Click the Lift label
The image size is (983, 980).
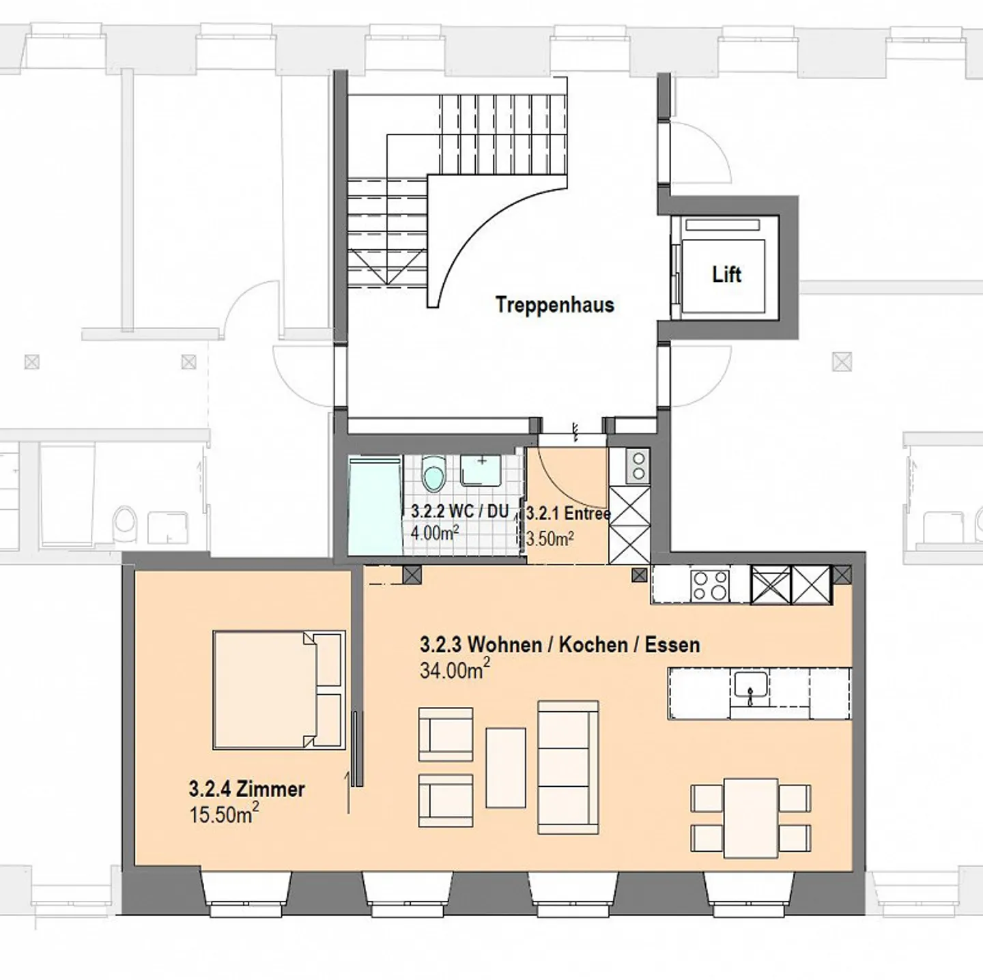(x=726, y=274)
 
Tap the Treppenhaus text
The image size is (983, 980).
(x=555, y=304)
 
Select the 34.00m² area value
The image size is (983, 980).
(x=455, y=670)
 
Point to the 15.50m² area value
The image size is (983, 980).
(x=224, y=813)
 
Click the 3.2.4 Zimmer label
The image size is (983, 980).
(x=247, y=789)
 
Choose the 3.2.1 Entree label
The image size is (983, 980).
(x=568, y=513)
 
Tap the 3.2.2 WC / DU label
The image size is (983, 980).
(x=460, y=512)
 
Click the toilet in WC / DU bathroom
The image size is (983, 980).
(x=434, y=474)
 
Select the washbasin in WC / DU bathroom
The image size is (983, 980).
(x=480, y=470)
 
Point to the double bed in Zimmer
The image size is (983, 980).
(x=279, y=690)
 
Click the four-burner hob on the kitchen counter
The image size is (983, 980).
(x=710, y=585)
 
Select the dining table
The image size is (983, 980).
(x=751, y=818)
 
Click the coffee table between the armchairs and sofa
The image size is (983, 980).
(x=506, y=768)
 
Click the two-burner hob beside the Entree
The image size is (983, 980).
(x=638, y=465)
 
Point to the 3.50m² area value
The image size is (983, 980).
(x=550, y=538)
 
